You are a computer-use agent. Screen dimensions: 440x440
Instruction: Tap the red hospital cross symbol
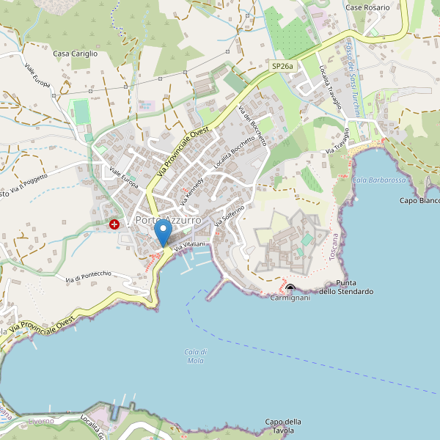coord(114,224)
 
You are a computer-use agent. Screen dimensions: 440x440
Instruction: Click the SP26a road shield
coord(282,66)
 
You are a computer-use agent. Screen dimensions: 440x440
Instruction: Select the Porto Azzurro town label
coord(168,220)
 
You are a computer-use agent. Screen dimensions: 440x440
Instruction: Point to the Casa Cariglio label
coord(75,54)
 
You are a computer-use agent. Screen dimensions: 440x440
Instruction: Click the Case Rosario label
coord(367,7)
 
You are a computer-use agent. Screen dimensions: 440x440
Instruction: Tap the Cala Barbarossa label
coord(378,180)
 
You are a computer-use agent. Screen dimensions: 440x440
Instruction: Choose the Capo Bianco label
coord(419,200)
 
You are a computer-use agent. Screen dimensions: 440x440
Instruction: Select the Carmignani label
coord(290,298)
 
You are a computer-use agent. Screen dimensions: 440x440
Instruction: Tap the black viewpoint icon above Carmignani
coord(290,288)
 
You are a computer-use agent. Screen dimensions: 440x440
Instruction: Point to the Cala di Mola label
coord(195,356)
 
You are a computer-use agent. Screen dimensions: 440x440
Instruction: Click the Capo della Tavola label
coord(284,425)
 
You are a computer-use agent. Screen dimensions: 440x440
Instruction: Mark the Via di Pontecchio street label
coord(88,276)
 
